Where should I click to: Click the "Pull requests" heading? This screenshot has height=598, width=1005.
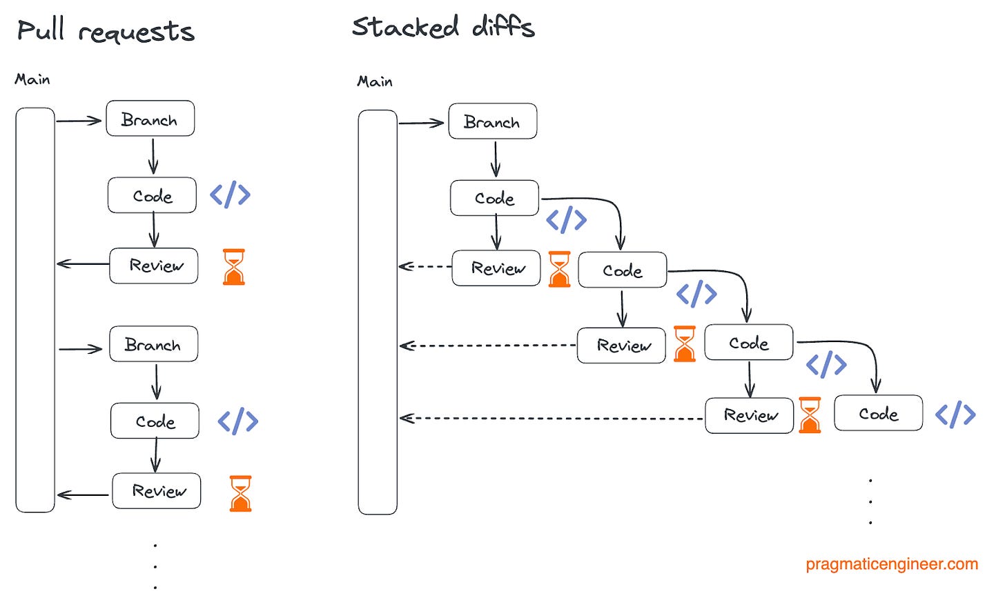tap(106, 31)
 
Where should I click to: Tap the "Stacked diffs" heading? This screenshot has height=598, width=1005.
tap(442, 28)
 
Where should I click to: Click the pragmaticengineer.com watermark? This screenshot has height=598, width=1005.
tap(891, 564)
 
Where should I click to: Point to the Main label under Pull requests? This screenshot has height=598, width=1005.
tap(32, 79)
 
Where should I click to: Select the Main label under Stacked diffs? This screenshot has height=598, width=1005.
tap(375, 81)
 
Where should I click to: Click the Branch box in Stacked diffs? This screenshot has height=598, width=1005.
tap(492, 122)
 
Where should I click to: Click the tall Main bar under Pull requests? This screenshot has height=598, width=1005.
tap(35, 310)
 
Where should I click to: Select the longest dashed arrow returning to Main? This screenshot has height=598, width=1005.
tap(552, 418)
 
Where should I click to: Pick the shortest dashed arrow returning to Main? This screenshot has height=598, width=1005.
tap(425, 266)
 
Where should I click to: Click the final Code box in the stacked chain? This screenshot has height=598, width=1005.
tap(878, 413)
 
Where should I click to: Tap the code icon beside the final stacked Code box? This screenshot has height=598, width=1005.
tap(955, 414)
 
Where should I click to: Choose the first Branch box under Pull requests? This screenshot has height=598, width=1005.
tap(150, 119)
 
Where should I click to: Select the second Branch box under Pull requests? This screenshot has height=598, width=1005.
tap(153, 344)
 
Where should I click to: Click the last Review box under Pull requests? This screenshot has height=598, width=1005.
tap(157, 491)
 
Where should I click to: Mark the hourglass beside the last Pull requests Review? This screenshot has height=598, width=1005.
tap(240, 493)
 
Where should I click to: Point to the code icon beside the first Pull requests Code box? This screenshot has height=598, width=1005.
tap(230, 195)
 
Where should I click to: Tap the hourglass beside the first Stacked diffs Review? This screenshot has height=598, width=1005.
tap(559, 269)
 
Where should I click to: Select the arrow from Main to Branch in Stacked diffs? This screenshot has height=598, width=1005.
tap(421, 123)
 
